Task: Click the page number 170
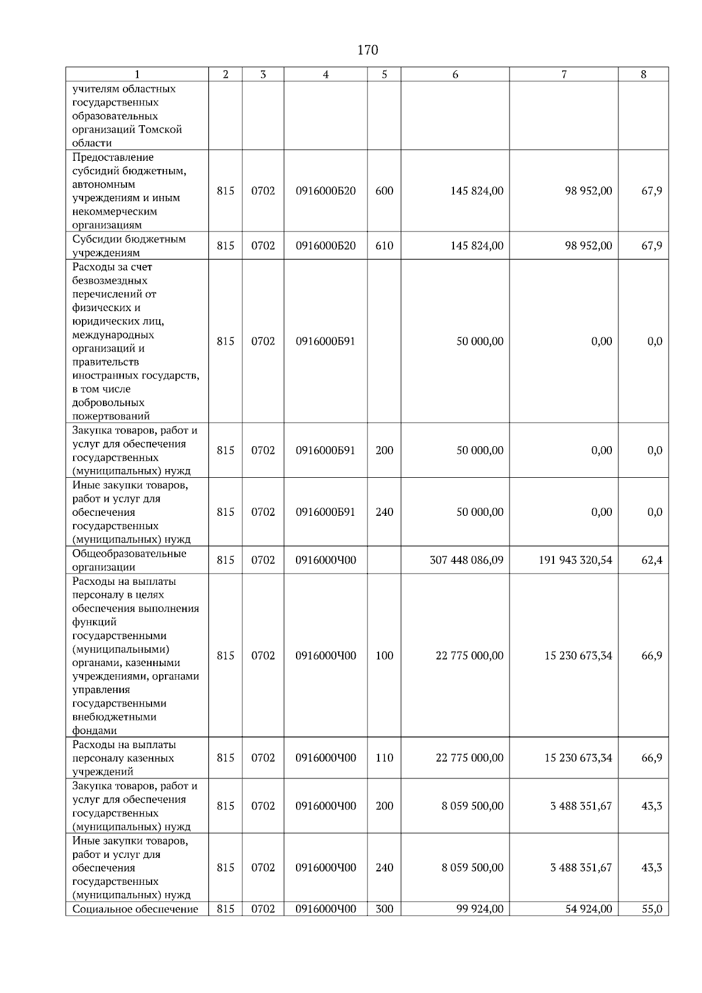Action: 367,50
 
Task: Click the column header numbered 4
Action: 326,74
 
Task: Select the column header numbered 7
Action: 563,74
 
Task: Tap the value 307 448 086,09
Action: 466,560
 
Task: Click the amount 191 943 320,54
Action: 575,560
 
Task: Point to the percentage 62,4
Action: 652,560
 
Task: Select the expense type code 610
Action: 384,246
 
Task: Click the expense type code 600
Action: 384,191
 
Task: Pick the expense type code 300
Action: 384,909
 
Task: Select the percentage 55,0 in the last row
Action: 652,909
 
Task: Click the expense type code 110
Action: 384,758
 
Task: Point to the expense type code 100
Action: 384,656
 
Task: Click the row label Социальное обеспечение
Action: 135,909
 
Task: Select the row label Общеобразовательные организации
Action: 129,560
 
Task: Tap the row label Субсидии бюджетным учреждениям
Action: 129,246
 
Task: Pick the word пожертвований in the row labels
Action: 111,416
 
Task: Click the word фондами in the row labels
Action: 94,730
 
